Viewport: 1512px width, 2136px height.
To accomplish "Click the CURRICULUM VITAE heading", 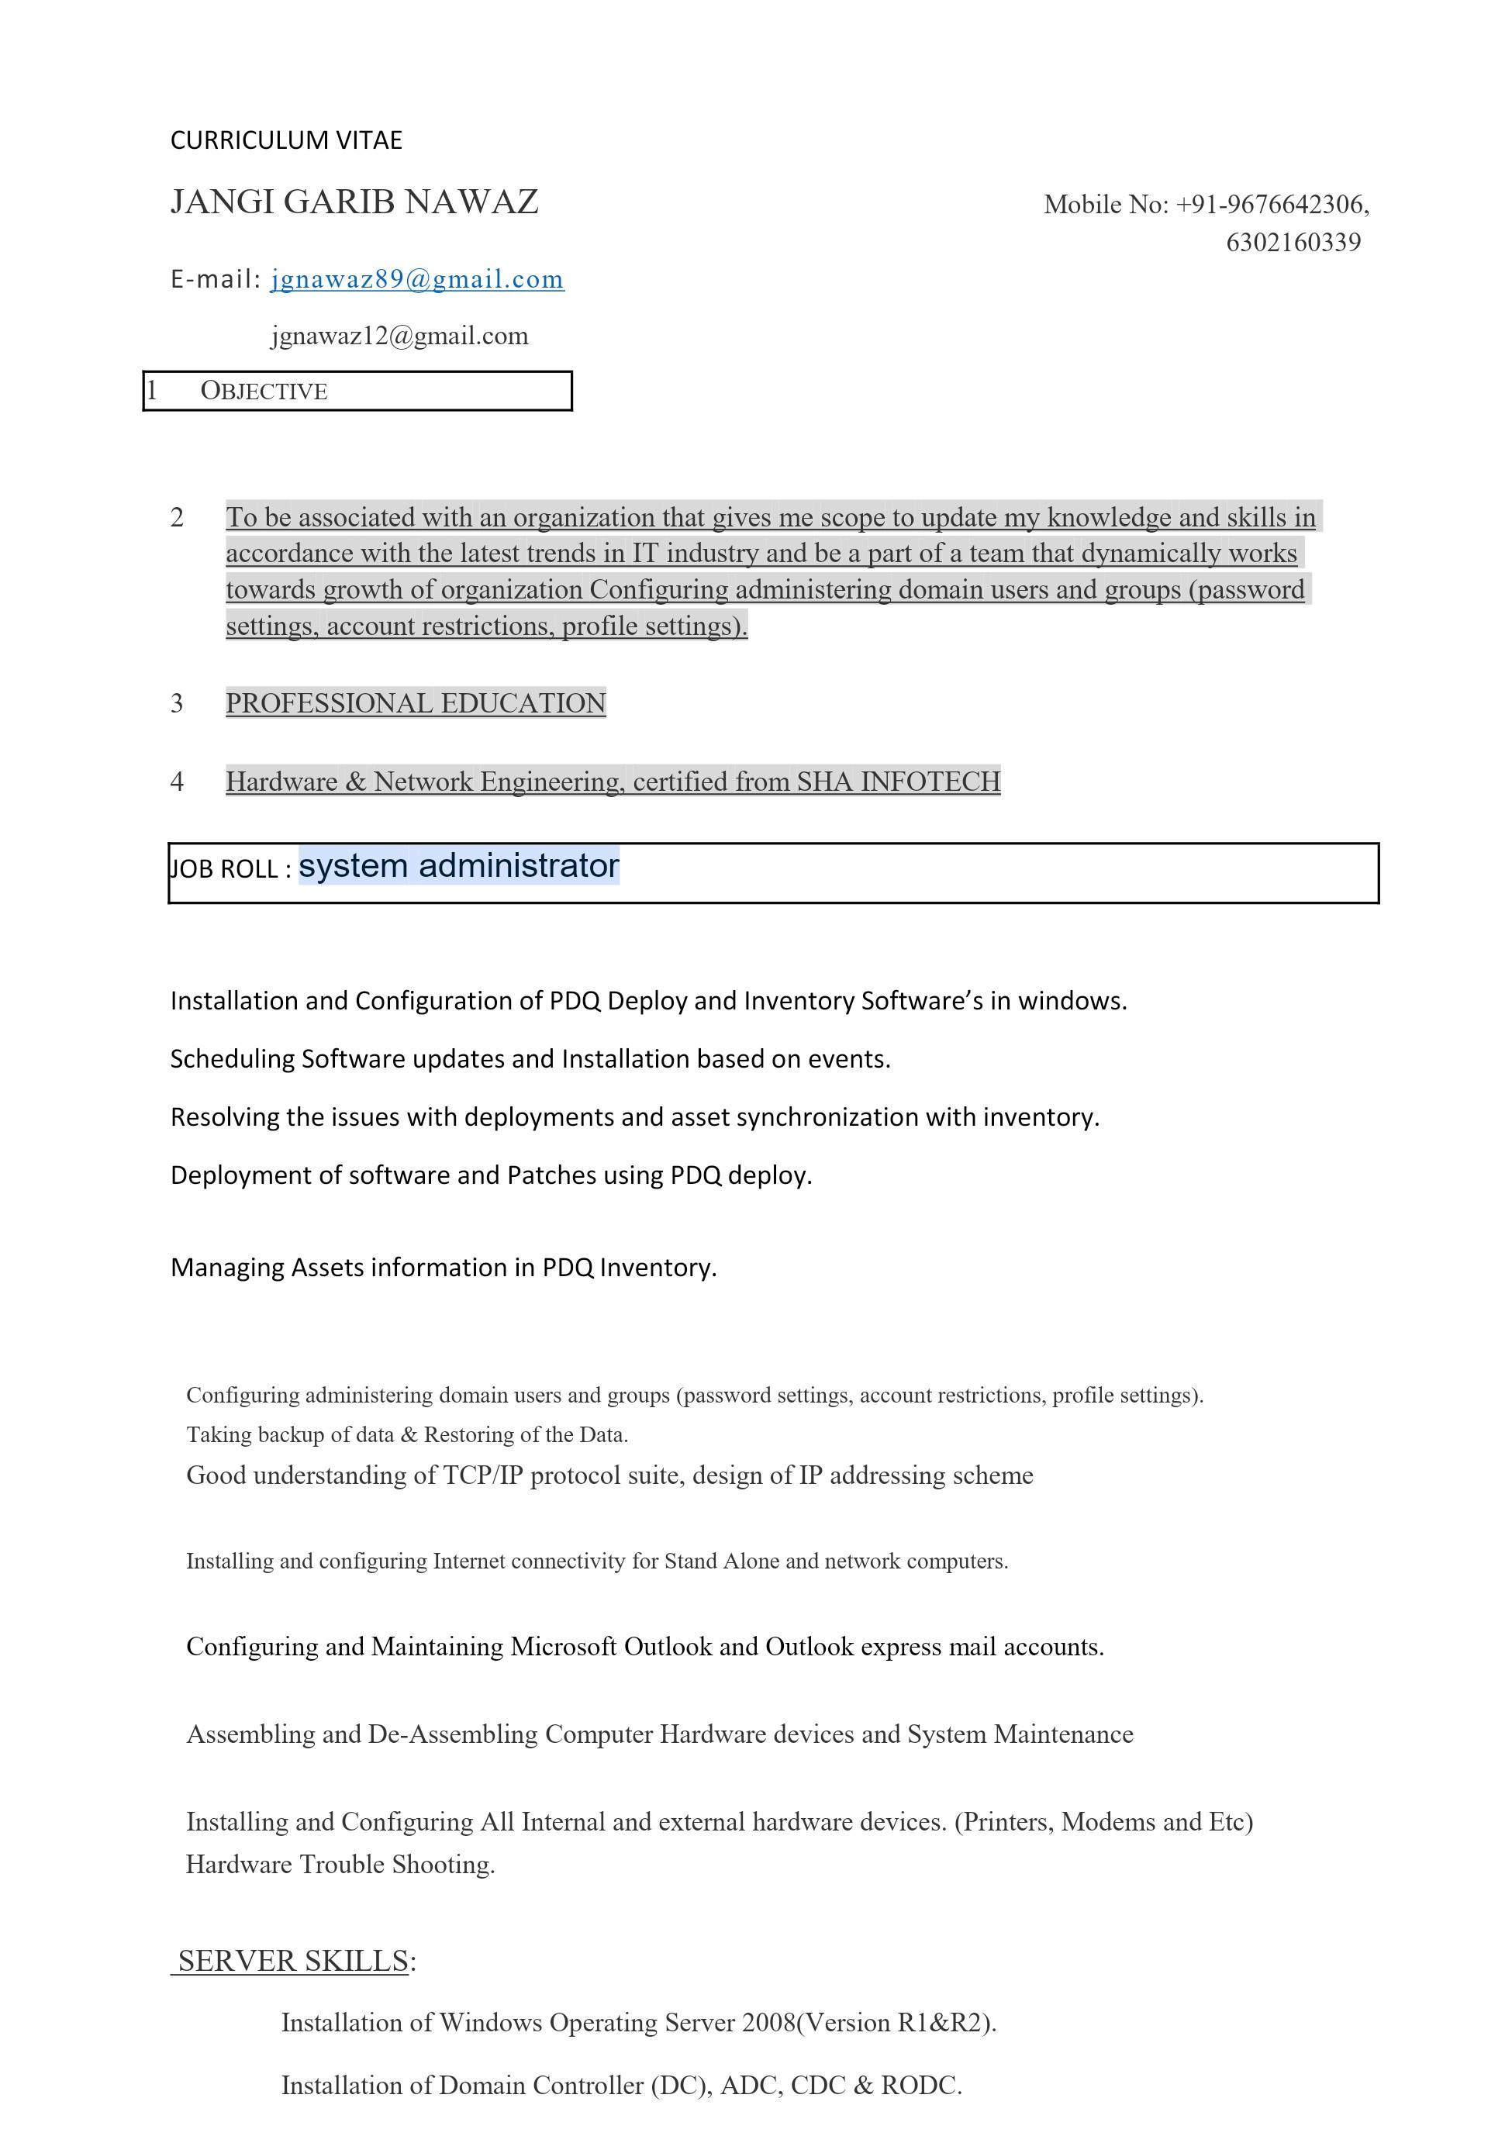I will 286,140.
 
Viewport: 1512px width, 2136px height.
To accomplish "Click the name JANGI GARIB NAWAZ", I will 354,202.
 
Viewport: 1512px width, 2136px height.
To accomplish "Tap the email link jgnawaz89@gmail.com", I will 417,279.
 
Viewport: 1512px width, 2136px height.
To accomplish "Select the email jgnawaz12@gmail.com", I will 399,336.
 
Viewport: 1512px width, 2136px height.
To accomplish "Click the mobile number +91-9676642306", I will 1272,205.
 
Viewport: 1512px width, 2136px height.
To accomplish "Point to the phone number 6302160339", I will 1293,243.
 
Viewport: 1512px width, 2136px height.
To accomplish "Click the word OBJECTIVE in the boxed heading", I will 264,391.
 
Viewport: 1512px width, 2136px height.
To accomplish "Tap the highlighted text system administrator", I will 459,865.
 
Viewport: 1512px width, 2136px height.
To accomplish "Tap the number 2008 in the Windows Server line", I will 769,2023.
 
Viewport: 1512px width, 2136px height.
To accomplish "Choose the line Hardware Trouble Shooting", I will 340,1864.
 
